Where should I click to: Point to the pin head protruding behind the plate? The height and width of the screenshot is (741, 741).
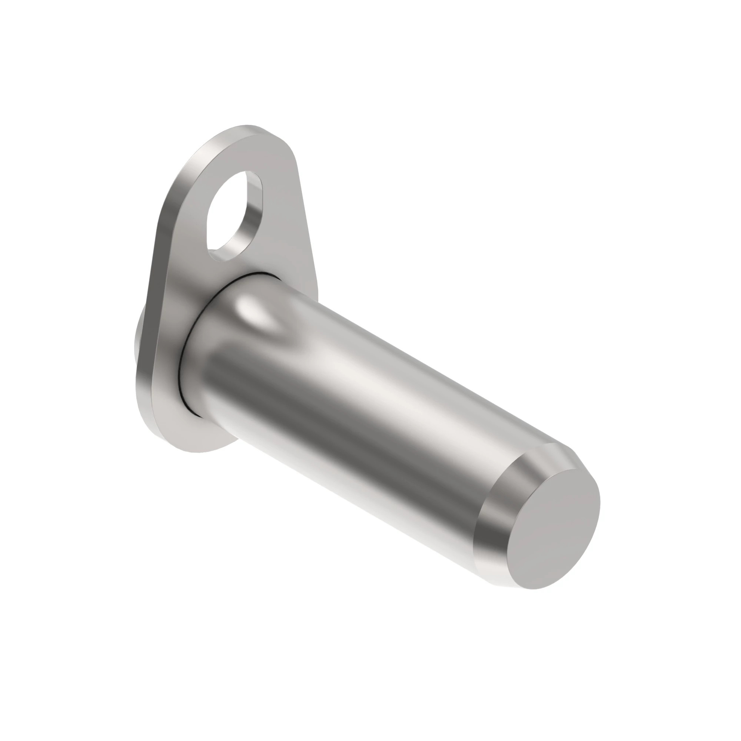(139, 338)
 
